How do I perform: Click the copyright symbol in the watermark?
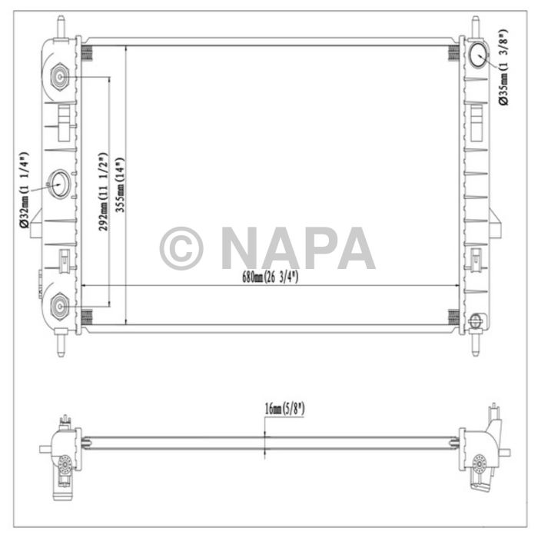(x=181, y=248)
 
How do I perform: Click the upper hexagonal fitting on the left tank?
(x=61, y=78)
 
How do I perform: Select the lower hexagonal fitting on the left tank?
(x=61, y=307)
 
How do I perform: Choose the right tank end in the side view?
(x=480, y=453)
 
